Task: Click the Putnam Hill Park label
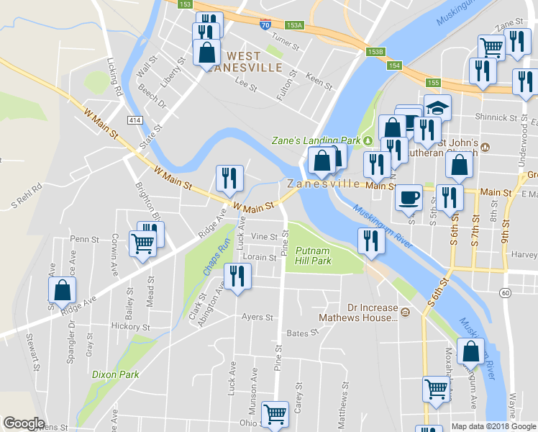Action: (314, 256)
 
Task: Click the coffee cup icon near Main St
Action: (409, 195)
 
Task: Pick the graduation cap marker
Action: (437, 107)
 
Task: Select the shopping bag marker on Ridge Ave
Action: (63, 290)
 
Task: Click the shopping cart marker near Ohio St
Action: (275, 413)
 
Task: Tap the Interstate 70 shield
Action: (265, 24)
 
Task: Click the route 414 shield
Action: (135, 120)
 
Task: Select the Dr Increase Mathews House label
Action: (373, 312)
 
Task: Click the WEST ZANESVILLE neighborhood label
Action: (245, 61)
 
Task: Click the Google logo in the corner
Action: (24, 423)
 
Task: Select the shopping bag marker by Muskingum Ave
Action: (470, 351)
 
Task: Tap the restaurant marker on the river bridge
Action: (370, 240)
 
